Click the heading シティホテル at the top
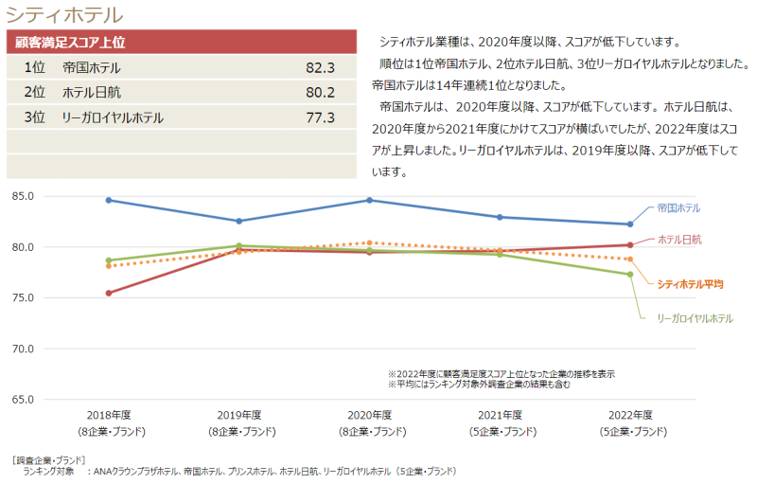click(63, 14)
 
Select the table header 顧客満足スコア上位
click(71, 43)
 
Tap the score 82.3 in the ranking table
click(320, 68)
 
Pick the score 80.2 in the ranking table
click(320, 93)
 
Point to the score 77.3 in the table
click(320, 117)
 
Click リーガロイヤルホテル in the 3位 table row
click(113, 117)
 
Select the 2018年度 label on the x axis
click(108, 416)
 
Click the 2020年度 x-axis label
click(369, 416)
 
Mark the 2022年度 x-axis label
click(630, 416)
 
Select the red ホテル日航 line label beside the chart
click(678, 240)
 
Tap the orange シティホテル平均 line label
click(689, 283)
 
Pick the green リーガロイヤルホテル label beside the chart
click(695, 318)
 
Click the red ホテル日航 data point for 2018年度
click(109, 293)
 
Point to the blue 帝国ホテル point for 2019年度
click(238, 221)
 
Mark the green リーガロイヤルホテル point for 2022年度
click(629, 275)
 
